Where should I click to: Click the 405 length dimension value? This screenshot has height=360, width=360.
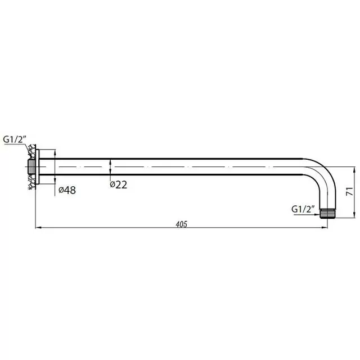click(x=181, y=224)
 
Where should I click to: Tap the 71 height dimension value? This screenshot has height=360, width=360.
click(x=349, y=191)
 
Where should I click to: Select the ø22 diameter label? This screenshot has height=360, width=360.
click(x=119, y=184)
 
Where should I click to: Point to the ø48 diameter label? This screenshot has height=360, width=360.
click(x=67, y=190)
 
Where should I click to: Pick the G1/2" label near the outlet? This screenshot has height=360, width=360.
click(x=303, y=209)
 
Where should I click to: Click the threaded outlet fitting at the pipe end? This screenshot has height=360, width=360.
click(x=327, y=214)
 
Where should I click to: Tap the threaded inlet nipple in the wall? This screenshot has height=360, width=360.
click(x=31, y=166)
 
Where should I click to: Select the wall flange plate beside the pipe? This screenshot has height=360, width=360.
click(x=37, y=166)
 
